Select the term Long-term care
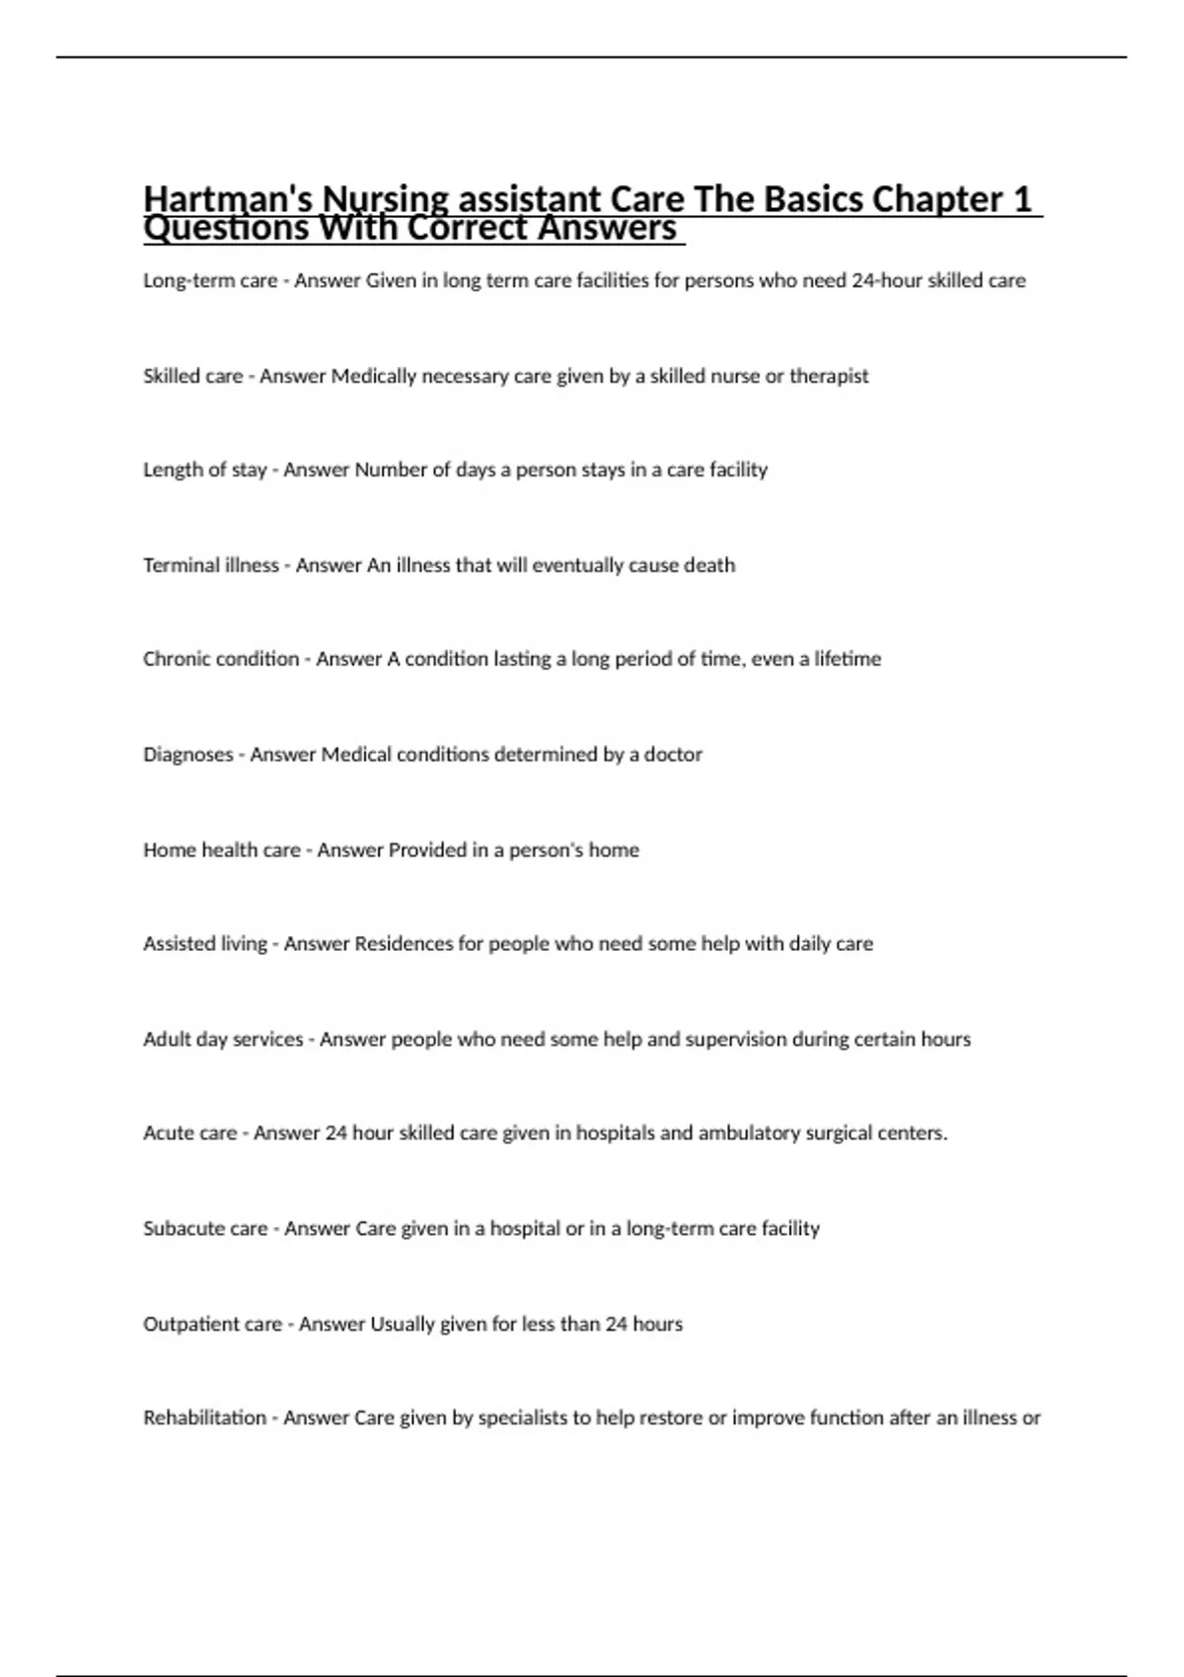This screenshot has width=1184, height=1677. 210,281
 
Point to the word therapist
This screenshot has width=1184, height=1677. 829,376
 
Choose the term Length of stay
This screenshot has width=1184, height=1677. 205,471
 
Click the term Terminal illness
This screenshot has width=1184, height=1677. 211,565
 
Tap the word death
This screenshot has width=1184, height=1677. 709,565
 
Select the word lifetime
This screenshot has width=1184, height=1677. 847,659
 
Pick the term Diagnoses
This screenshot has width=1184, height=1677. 188,755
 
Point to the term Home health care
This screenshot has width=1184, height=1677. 222,850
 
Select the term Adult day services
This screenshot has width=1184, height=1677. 223,1040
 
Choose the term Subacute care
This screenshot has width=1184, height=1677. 205,1229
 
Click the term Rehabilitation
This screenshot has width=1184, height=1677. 204,1419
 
